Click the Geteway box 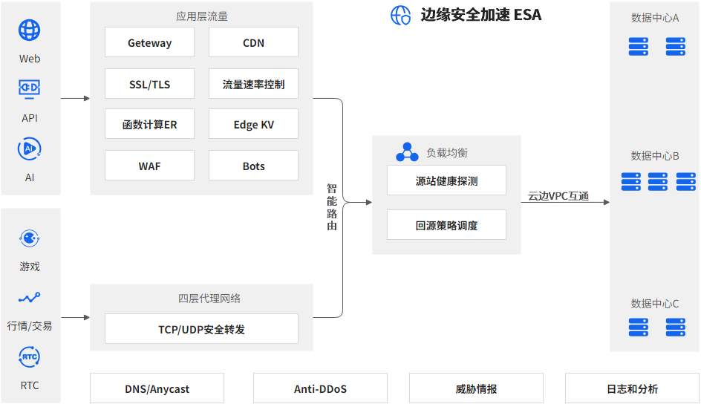pos(149,42)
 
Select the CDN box pos(253,42)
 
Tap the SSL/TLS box pos(149,84)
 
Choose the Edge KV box pos(253,124)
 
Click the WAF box pos(149,166)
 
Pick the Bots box pos(253,166)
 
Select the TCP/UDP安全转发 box pos(201,328)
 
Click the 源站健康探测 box pos(446,180)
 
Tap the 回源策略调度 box pos(446,225)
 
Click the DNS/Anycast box pos(157,388)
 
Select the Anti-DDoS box pos(320,388)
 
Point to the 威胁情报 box pos(476,388)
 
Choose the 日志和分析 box pos(632,388)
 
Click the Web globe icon pos(30,30)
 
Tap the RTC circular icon pos(30,357)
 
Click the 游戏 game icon pos(30,238)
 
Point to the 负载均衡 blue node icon pos(407,152)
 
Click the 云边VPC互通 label pos(558,196)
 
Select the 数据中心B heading pos(655,155)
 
